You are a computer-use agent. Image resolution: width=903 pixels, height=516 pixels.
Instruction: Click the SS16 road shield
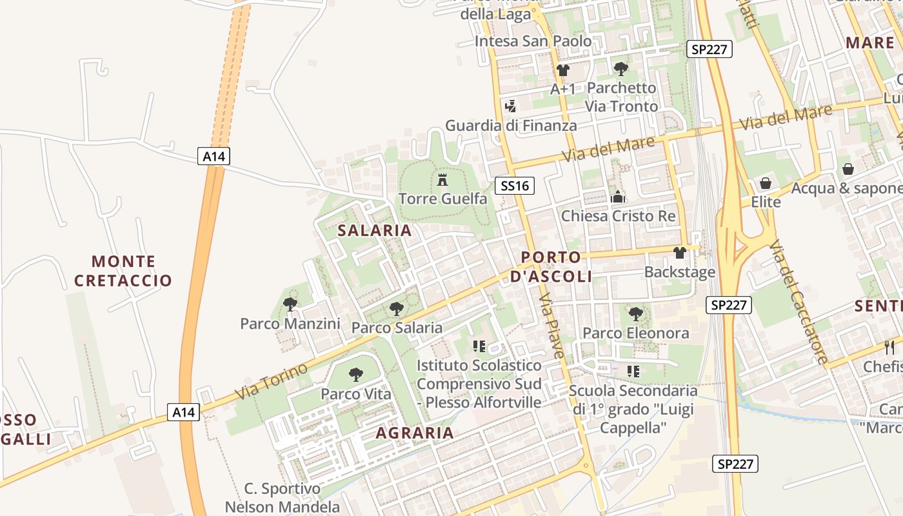click(x=515, y=186)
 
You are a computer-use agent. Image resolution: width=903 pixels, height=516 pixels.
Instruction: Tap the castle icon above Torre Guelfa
click(x=442, y=180)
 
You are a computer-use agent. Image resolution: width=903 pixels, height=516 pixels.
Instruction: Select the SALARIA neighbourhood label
click(x=374, y=230)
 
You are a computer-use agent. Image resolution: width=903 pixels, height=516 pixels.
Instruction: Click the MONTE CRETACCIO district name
click(x=123, y=271)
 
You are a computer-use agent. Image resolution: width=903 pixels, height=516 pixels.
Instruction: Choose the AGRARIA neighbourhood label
click(x=415, y=433)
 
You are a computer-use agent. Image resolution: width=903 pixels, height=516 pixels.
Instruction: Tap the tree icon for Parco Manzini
click(x=290, y=304)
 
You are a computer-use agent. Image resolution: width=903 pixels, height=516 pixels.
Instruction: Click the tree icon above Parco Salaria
click(x=397, y=309)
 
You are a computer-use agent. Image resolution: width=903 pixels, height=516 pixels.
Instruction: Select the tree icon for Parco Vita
click(x=355, y=375)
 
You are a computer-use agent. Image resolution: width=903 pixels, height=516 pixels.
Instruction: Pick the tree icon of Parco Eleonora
click(x=636, y=314)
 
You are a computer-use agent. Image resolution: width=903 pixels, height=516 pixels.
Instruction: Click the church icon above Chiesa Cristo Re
click(x=618, y=197)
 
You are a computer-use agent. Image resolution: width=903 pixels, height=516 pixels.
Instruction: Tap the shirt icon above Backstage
click(x=680, y=253)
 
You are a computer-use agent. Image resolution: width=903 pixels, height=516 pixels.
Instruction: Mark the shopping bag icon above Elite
click(x=766, y=183)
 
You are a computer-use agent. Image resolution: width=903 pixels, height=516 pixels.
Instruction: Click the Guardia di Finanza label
click(x=511, y=125)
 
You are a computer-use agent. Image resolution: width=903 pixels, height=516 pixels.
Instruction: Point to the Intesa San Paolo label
click(x=533, y=41)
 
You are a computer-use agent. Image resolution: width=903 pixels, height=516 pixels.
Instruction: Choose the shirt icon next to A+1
click(x=563, y=70)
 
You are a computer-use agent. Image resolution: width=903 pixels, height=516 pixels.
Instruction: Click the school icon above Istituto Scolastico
click(x=479, y=346)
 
